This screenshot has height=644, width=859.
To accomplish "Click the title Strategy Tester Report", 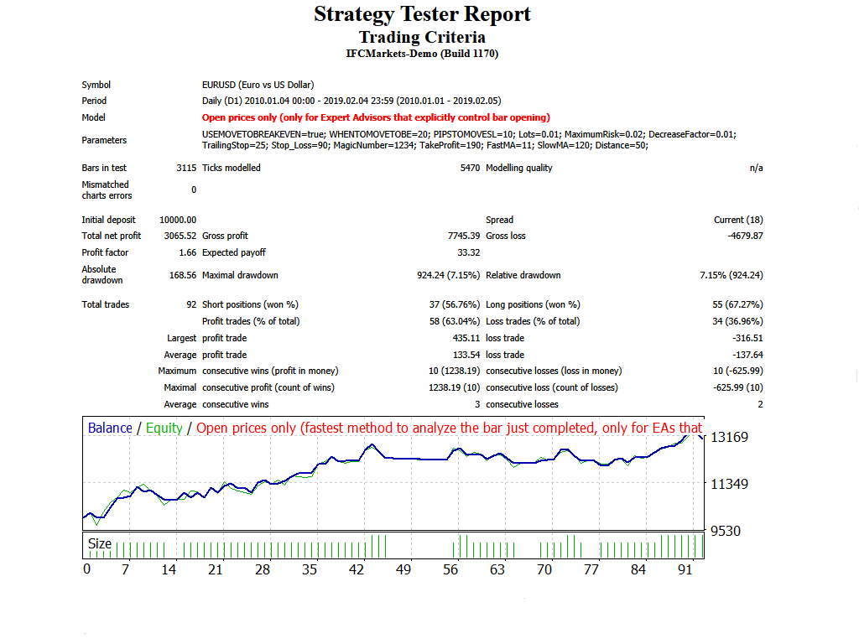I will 422,14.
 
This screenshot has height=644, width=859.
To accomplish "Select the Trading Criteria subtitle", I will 422,37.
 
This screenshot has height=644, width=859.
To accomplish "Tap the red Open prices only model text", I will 377,117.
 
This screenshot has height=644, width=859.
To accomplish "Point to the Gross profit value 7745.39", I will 463,236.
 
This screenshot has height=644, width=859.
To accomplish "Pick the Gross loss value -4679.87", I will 745,236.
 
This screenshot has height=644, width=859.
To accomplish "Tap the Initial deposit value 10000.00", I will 178,220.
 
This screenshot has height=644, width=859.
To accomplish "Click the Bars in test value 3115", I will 186,168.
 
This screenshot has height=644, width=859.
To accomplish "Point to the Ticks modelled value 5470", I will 471,168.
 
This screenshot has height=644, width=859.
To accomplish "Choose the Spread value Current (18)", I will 738,220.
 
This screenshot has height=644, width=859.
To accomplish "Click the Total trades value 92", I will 191,304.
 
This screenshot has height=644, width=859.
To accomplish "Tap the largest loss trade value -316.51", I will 747,338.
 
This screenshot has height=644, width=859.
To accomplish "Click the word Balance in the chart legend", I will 110,428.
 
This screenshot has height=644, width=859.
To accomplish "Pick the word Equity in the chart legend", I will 164,428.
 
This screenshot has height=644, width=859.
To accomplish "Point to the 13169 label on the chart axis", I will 730,437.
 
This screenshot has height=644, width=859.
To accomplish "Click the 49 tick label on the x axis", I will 403,569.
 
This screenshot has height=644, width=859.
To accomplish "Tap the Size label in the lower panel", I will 100,543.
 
